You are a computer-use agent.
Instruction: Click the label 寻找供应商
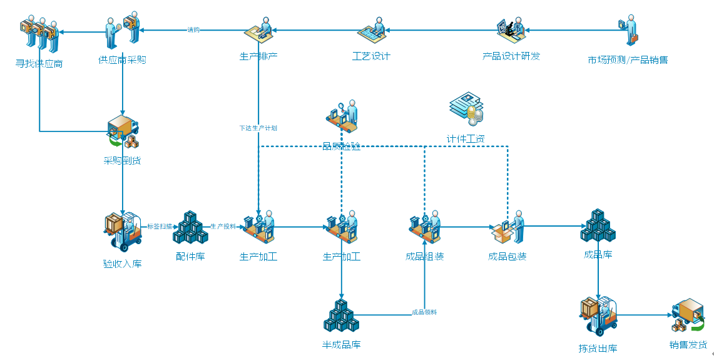(39, 63)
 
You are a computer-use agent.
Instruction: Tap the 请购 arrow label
(193, 29)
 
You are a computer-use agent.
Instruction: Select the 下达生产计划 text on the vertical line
(258, 128)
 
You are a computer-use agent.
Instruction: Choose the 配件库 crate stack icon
(190, 229)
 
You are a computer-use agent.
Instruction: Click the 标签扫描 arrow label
(159, 226)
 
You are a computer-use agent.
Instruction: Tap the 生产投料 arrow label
(223, 226)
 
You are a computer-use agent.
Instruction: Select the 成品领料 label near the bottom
(424, 312)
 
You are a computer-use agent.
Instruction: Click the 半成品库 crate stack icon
(341, 316)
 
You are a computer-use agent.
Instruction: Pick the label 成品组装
(424, 256)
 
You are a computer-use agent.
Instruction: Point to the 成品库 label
(598, 254)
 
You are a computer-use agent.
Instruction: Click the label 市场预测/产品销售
(628, 60)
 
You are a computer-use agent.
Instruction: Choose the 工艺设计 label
(371, 56)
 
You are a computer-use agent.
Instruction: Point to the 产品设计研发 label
(511, 56)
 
